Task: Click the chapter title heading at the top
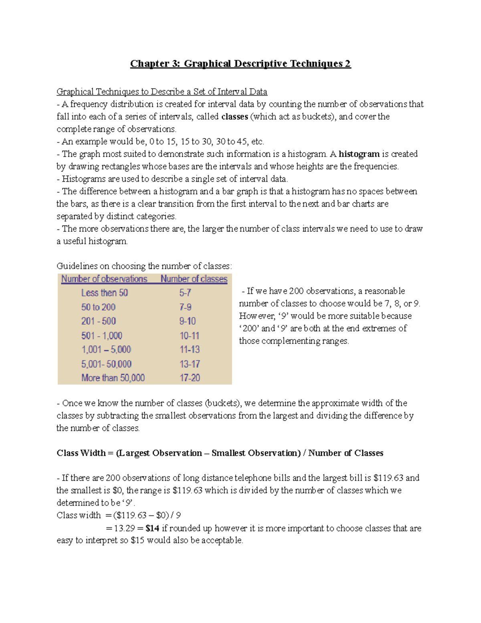click(240, 64)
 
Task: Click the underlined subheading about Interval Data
click(162, 92)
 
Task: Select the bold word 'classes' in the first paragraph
click(234, 117)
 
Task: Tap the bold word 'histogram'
click(359, 154)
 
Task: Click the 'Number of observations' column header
click(104, 279)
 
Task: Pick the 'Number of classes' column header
click(194, 279)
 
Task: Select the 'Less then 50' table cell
click(105, 293)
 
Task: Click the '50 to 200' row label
click(98, 307)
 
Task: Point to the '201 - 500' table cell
click(99, 321)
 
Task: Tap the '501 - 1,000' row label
click(102, 336)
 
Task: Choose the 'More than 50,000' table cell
click(113, 378)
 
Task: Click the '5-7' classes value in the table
click(185, 293)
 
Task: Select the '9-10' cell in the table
click(188, 321)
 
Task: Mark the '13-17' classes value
click(190, 364)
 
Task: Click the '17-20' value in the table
click(190, 378)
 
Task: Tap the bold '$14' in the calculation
click(152, 528)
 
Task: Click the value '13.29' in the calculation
click(124, 528)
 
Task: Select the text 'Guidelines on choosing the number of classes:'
click(144, 266)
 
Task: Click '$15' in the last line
click(137, 541)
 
